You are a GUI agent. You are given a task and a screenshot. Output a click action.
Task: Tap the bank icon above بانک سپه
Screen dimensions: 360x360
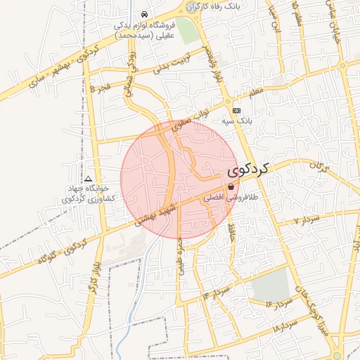pyautogui.click(x=236, y=111)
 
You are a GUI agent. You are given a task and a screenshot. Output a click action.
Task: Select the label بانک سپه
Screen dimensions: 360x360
pyautogui.click(x=237, y=122)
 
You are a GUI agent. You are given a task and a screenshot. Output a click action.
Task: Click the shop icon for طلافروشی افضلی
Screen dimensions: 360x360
pyautogui.click(x=231, y=187)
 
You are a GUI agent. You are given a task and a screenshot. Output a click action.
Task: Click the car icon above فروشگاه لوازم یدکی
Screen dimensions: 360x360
pyautogui.click(x=144, y=14)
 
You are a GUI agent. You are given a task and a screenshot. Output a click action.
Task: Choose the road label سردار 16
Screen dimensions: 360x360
pyautogui.click(x=278, y=304)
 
